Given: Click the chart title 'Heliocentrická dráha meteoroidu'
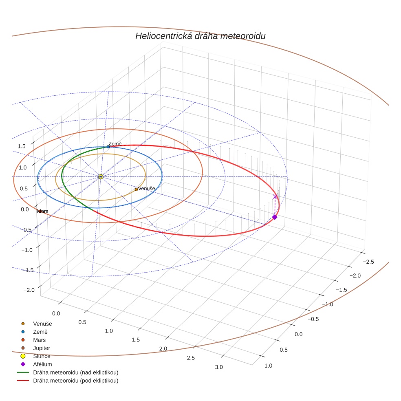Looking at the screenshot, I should click(x=200, y=36).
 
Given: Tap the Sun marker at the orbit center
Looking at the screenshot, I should click(x=101, y=176).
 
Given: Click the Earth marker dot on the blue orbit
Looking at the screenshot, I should click(x=108, y=147).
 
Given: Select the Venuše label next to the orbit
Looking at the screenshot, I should click(x=146, y=189).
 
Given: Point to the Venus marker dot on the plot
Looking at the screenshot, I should click(x=136, y=189).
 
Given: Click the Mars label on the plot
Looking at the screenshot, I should click(x=43, y=211).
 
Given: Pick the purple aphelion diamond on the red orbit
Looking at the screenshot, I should click(x=275, y=217).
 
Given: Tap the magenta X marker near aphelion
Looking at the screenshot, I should click(x=275, y=197).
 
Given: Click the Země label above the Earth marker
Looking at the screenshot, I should click(x=115, y=143).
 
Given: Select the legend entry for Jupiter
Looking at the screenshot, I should click(x=41, y=348).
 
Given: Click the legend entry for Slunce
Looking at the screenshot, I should click(x=42, y=356).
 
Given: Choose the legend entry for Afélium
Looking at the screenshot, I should click(x=42, y=364).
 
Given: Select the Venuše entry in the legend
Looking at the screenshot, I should click(x=42, y=324).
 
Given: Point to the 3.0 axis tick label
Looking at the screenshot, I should click(x=218, y=367).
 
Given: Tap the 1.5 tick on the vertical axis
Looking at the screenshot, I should click(x=22, y=146).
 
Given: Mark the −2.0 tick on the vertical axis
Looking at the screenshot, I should click(x=29, y=290).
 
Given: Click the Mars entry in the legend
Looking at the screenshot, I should click(x=39, y=340).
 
